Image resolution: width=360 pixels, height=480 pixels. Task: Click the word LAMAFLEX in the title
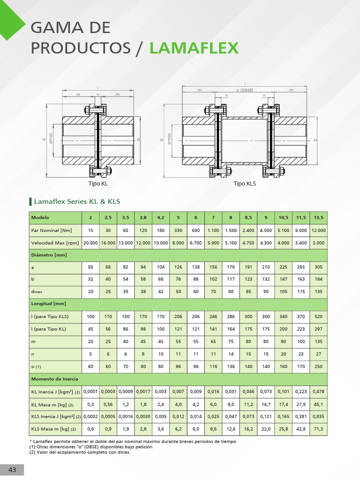pos(194,48)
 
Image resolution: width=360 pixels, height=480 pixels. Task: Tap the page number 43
pos(12,470)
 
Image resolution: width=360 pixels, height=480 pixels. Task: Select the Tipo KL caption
pos(98,184)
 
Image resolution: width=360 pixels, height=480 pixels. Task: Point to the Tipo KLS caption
pos(245,184)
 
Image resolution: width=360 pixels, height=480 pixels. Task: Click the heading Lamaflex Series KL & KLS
pos(77,202)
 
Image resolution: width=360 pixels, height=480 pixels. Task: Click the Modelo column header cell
pos(40,217)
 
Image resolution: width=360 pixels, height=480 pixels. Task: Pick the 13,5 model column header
pos(318,217)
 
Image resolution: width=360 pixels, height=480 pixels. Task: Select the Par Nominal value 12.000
pos(318,230)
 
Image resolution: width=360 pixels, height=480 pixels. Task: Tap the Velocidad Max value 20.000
pos(90,243)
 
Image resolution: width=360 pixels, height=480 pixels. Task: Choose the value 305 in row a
pos(318,267)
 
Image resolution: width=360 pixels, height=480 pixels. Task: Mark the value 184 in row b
pos(318,279)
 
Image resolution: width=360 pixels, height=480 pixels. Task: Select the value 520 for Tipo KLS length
pos(318,316)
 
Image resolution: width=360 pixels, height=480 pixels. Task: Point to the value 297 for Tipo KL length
pos(318,329)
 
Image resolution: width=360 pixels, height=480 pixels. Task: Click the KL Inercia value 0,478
pos(318,391)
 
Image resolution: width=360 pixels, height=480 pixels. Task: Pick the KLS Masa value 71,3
pos(318,429)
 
